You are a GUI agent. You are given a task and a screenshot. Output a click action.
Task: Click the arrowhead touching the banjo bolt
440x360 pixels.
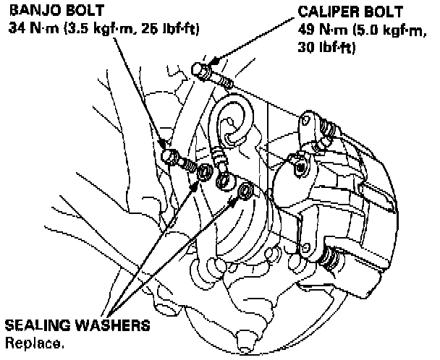coord(166,145)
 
